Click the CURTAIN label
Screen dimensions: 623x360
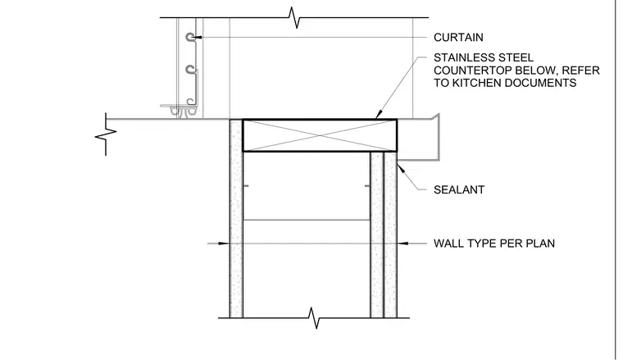pos(458,38)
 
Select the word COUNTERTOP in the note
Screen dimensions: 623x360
pos(472,71)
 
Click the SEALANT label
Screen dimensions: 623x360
pos(459,190)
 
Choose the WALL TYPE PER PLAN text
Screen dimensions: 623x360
pos(494,244)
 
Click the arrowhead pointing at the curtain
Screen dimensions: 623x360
pos(197,38)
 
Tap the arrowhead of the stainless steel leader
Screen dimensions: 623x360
pos(379,115)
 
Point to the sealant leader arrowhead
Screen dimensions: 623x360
pos(402,168)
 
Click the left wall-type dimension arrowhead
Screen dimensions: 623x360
pos(224,244)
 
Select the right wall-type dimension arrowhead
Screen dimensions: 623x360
pos(402,244)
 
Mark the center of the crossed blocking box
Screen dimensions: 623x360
pos(320,135)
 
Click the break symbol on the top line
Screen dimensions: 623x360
pos(294,17)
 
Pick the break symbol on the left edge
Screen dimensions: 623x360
pos(106,134)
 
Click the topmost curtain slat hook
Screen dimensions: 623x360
pos(190,37)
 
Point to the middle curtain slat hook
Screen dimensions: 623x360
pos(191,70)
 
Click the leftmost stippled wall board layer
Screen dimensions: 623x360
pos(236,219)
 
